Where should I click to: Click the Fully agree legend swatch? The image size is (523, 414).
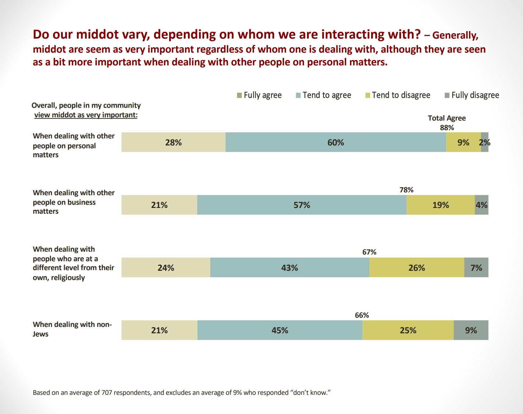[x=239, y=95]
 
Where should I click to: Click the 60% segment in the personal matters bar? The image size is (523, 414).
[x=335, y=142]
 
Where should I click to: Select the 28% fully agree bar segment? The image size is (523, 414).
[x=173, y=142]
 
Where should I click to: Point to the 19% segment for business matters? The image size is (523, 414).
[x=440, y=205]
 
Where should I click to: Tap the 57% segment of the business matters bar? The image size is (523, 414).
[x=302, y=205]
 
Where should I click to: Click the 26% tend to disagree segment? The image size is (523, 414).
[x=416, y=268]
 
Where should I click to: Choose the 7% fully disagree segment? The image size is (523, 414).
[x=476, y=268]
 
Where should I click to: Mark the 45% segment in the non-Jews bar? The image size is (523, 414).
[x=280, y=330]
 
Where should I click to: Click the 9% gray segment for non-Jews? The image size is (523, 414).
[x=471, y=330]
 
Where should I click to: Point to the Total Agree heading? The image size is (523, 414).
[x=446, y=118]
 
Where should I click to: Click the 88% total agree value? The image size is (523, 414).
[x=447, y=128]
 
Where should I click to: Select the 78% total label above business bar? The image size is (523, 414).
[x=406, y=190]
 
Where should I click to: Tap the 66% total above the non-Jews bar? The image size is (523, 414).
[x=362, y=315]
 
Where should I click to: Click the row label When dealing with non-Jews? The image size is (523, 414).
[x=72, y=329]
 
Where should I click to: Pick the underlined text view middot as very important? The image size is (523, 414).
[x=86, y=115]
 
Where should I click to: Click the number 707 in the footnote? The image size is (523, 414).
[x=107, y=393]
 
